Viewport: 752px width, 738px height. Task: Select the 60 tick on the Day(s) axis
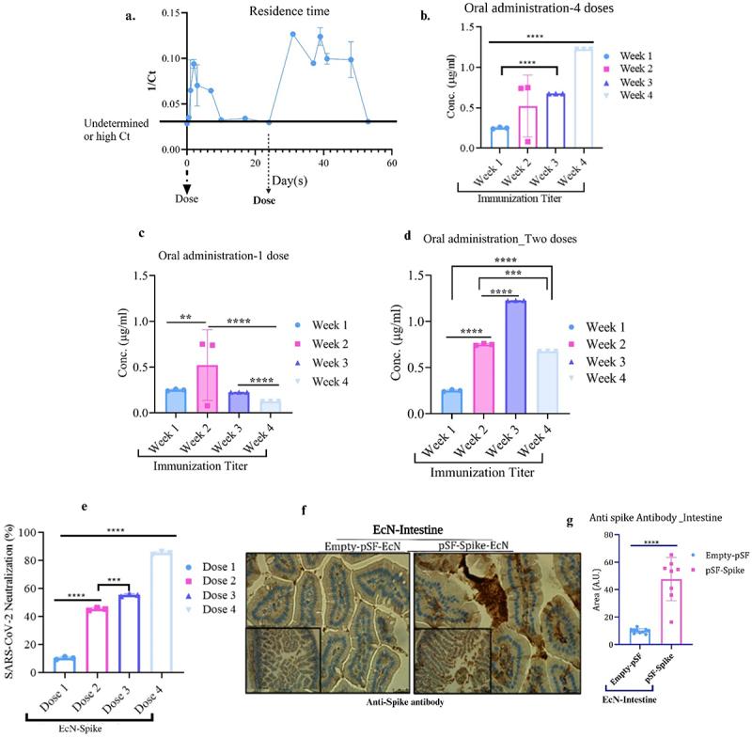pos(391,164)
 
